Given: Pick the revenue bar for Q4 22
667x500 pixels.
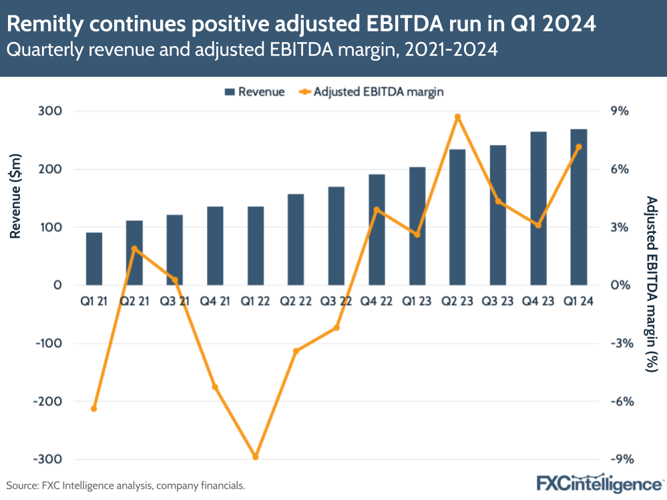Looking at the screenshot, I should [x=377, y=230].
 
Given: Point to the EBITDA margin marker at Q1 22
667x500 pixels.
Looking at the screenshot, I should [x=255, y=457].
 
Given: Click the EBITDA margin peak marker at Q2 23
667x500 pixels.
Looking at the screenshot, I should [x=457, y=117].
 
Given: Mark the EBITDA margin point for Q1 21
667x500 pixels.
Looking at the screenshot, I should [x=94, y=409].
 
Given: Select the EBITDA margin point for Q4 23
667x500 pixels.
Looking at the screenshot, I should [x=538, y=225].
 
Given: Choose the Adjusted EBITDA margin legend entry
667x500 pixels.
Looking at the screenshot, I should [x=371, y=91].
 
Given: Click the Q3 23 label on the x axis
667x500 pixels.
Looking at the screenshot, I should [x=497, y=301].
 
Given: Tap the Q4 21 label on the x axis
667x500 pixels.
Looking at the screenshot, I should [x=215, y=301].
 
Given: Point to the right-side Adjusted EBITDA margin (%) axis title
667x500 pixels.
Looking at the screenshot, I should [x=651, y=284].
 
